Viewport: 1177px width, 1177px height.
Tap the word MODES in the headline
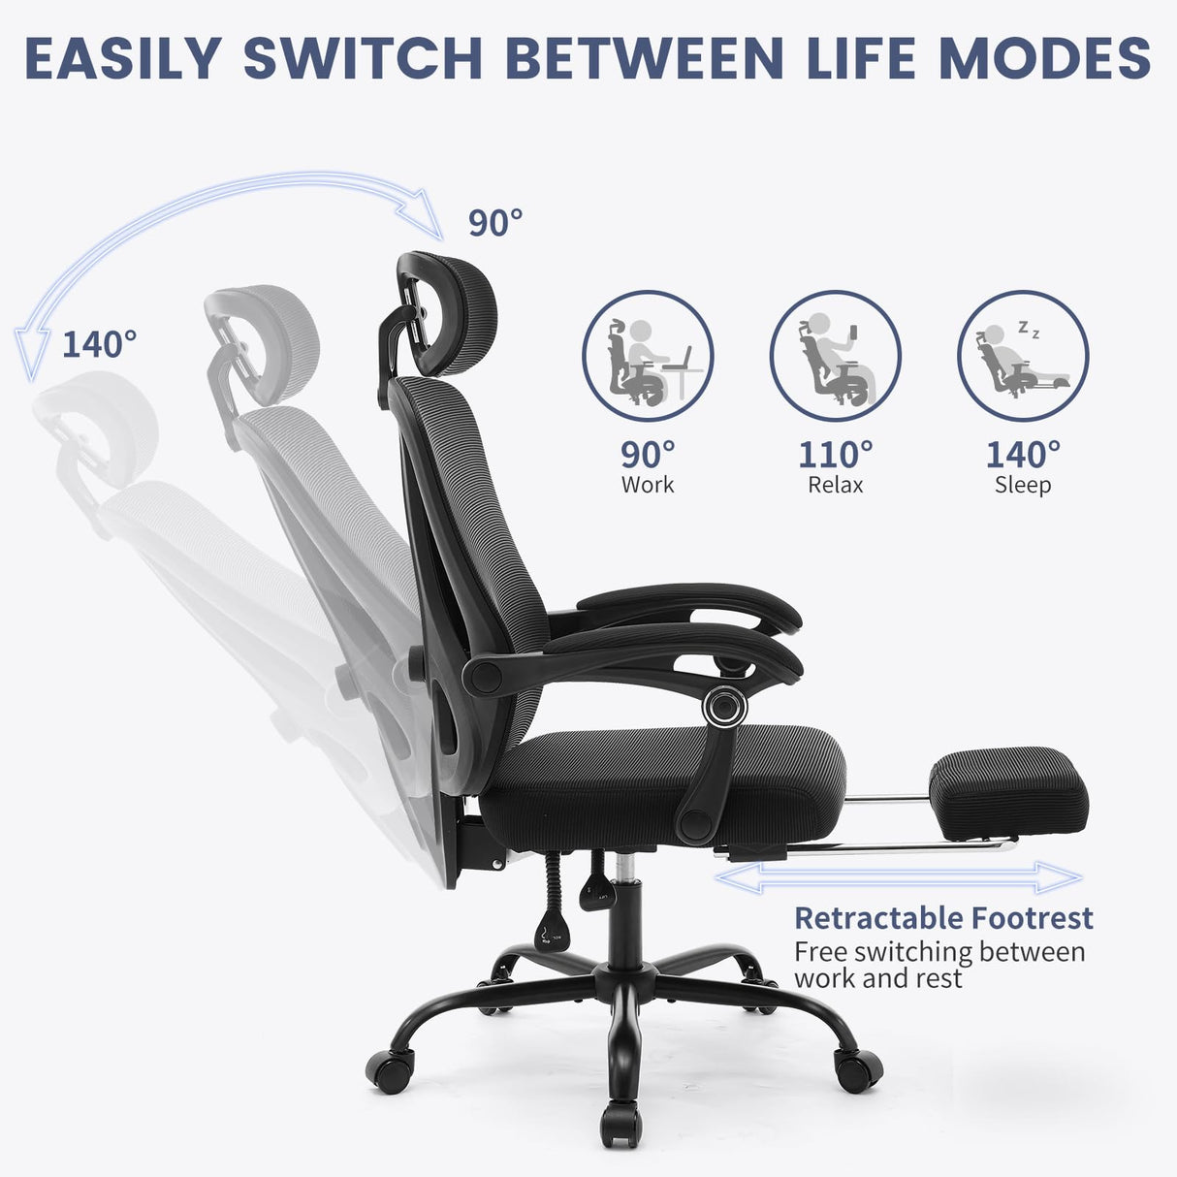(1045, 58)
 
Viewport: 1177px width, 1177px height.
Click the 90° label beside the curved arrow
(495, 223)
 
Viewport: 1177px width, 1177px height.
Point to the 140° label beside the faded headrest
(99, 343)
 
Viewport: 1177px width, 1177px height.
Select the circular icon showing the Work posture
(648, 356)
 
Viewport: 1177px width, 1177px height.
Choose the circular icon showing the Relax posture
(835, 356)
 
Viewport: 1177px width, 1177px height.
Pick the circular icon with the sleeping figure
(1023, 356)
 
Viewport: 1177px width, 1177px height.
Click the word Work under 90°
(648, 485)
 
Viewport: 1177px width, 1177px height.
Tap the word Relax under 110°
(835, 485)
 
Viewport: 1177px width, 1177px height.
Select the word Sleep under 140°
(1023, 485)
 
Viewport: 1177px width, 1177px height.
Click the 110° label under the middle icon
(835, 454)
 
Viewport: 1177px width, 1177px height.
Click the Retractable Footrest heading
(943, 918)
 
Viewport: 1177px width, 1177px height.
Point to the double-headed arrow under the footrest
(898, 878)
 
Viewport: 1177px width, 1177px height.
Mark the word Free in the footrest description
(820, 952)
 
